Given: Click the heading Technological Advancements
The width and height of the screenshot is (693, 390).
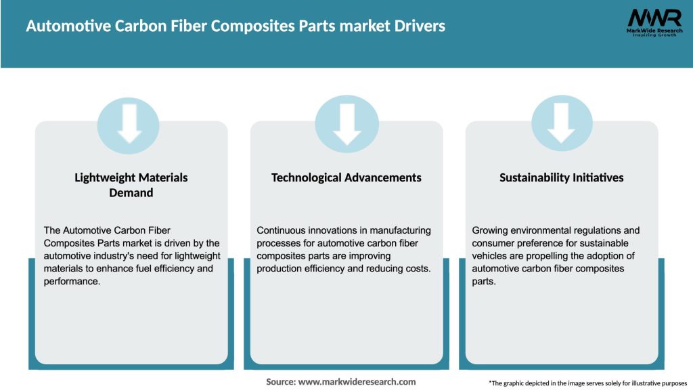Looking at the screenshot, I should [x=346, y=177].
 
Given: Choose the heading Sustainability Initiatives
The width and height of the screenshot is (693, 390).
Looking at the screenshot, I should [x=562, y=177].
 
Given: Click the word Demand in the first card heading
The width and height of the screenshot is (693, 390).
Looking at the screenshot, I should [x=131, y=193].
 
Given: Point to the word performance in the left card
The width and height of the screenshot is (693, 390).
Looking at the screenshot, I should [x=71, y=282].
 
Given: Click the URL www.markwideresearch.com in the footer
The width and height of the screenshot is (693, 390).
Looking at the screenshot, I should [x=357, y=382].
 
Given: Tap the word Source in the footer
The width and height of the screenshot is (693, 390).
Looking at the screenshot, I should [x=280, y=382].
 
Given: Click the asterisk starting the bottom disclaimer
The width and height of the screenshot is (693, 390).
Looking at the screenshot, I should [x=490, y=383].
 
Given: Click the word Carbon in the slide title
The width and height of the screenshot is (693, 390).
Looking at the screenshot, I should [x=123, y=26].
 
